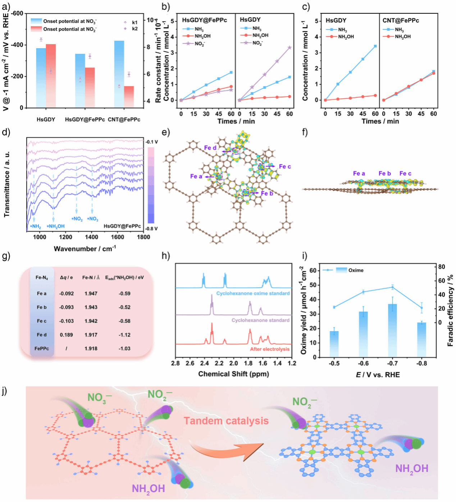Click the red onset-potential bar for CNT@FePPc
click(x=129, y=97)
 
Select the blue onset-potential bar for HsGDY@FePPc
click(x=80, y=80)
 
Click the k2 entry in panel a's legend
click(x=134, y=28)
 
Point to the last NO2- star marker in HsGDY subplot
click(x=289, y=47)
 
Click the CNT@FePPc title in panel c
click(x=401, y=20)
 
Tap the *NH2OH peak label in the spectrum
click(x=56, y=226)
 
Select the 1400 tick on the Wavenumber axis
click(x=92, y=237)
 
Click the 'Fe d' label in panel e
click(x=210, y=148)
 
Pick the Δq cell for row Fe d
click(x=66, y=335)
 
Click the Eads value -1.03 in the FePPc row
click(x=124, y=348)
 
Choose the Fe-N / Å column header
click(x=91, y=277)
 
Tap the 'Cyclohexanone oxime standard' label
click(x=253, y=293)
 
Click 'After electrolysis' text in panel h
click(x=270, y=349)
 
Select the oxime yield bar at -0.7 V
click(x=392, y=331)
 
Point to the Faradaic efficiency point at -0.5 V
click(x=334, y=307)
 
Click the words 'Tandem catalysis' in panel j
click(x=226, y=421)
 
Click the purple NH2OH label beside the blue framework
click(x=411, y=469)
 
